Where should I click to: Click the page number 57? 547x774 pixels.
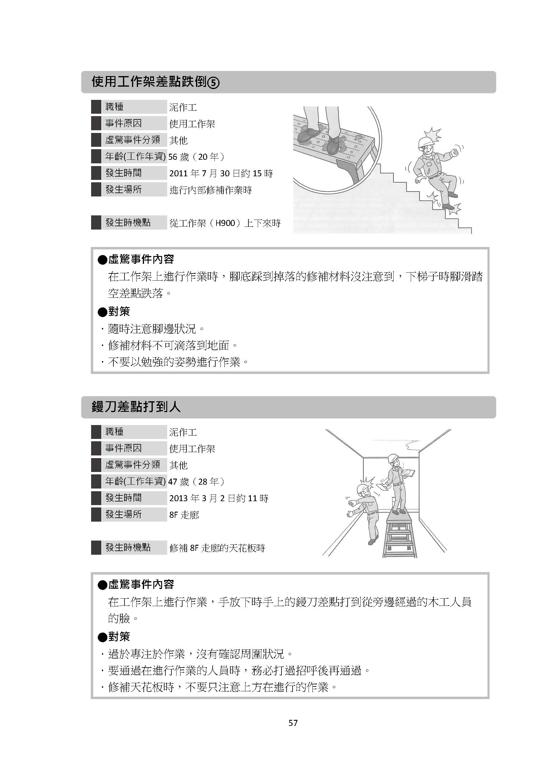coord(293,723)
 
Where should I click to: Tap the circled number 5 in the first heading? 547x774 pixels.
coord(213,83)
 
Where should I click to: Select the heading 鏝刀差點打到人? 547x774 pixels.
coord(136,407)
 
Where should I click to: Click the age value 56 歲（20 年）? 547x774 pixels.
coord(196,157)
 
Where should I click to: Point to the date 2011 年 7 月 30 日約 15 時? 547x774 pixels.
coord(221,173)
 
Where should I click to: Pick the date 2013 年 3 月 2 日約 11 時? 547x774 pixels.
coord(218,498)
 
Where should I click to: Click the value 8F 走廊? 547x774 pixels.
coord(184,515)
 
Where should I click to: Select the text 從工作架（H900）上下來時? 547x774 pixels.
coord(225,223)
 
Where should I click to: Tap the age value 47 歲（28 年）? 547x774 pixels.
coord(196,482)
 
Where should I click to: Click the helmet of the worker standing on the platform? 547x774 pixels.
coord(393,459)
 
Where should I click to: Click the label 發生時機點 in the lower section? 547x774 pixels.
coord(128,547)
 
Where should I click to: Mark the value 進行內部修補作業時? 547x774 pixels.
coord(210,190)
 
